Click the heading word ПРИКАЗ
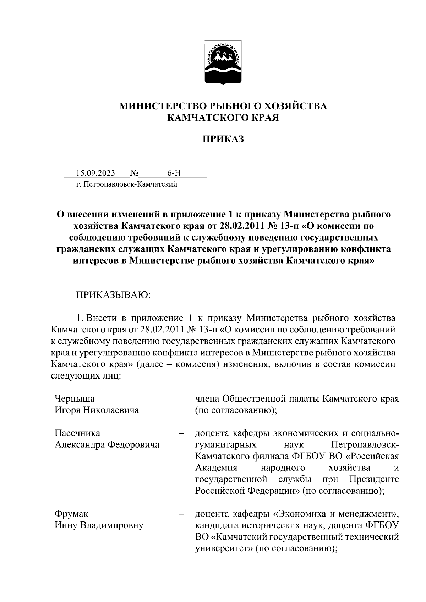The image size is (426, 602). point(223,139)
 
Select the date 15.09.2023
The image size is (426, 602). point(95,173)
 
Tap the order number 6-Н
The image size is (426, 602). point(174,173)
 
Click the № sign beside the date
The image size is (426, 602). point(134,173)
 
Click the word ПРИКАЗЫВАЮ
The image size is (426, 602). point(113,295)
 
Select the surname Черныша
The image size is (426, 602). point(75,399)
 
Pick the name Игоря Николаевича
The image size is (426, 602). point(97,410)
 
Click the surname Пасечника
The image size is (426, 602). point(77,433)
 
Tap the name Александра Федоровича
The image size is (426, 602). point(107,444)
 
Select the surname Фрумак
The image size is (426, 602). point(71,514)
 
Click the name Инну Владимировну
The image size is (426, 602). point(99,525)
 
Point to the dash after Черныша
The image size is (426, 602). point(181,399)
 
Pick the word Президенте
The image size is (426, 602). point(374,479)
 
